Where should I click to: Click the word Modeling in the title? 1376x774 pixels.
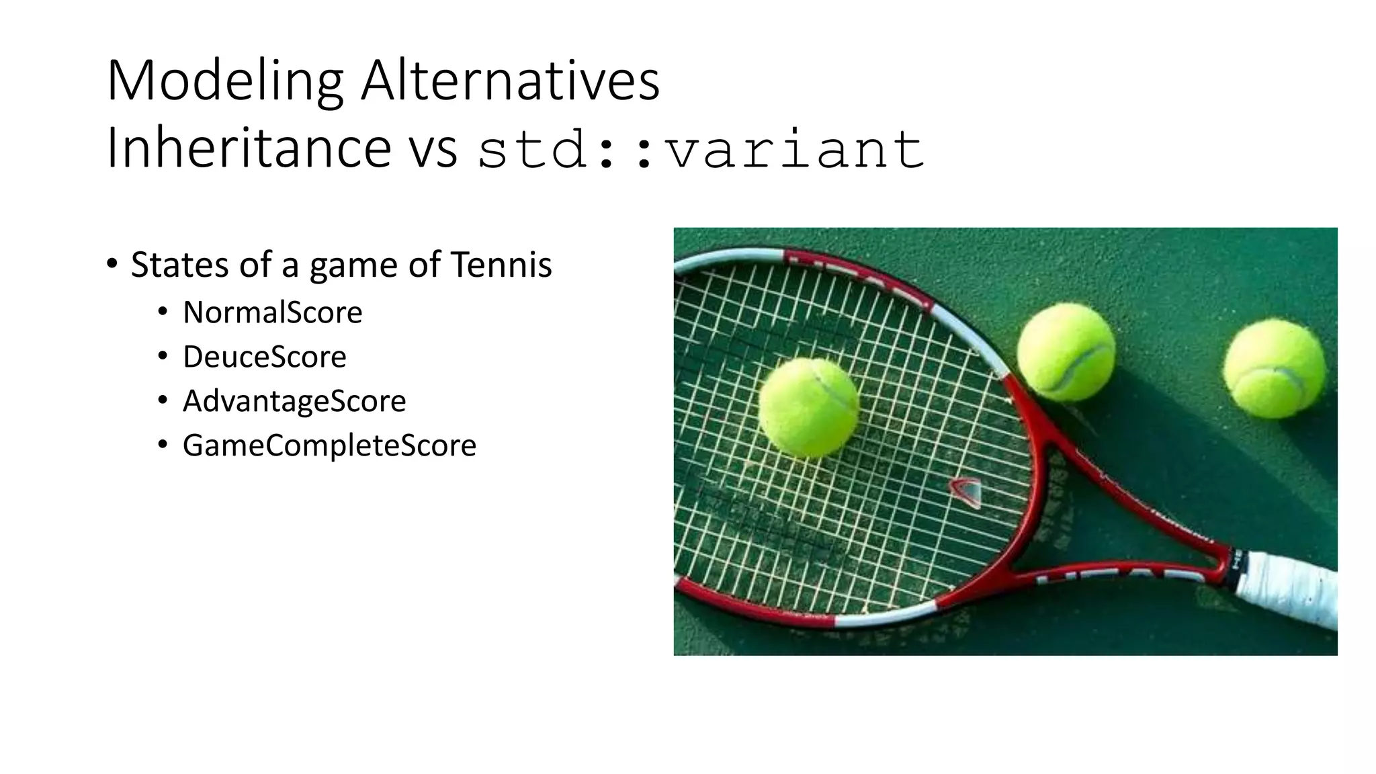pyautogui.click(x=224, y=82)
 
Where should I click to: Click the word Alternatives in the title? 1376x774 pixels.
pyautogui.click(x=510, y=82)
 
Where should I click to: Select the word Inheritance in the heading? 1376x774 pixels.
pyautogui.click(x=249, y=148)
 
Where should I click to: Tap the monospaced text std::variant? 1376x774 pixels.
pyautogui.click(x=701, y=149)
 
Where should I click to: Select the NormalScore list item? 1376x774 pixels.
pyautogui.click(x=272, y=312)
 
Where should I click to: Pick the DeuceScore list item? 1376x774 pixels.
pyautogui.click(x=264, y=357)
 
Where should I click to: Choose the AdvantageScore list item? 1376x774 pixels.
pyautogui.click(x=294, y=401)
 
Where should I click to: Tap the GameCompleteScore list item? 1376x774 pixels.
pyautogui.click(x=329, y=445)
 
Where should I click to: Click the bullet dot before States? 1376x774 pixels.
pyautogui.click(x=112, y=263)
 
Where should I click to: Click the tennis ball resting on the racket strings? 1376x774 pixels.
pyautogui.click(x=809, y=407)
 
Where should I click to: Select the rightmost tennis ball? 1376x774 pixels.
pyautogui.click(x=1274, y=369)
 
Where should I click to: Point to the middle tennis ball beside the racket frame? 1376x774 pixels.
pyautogui.click(x=1066, y=351)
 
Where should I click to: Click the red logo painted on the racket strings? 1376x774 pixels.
pyautogui.click(x=965, y=491)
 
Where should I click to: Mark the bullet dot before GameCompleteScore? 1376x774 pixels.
pyautogui.click(x=163, y=444)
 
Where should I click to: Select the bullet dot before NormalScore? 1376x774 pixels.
pyautogui.click(x=163, y=311)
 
